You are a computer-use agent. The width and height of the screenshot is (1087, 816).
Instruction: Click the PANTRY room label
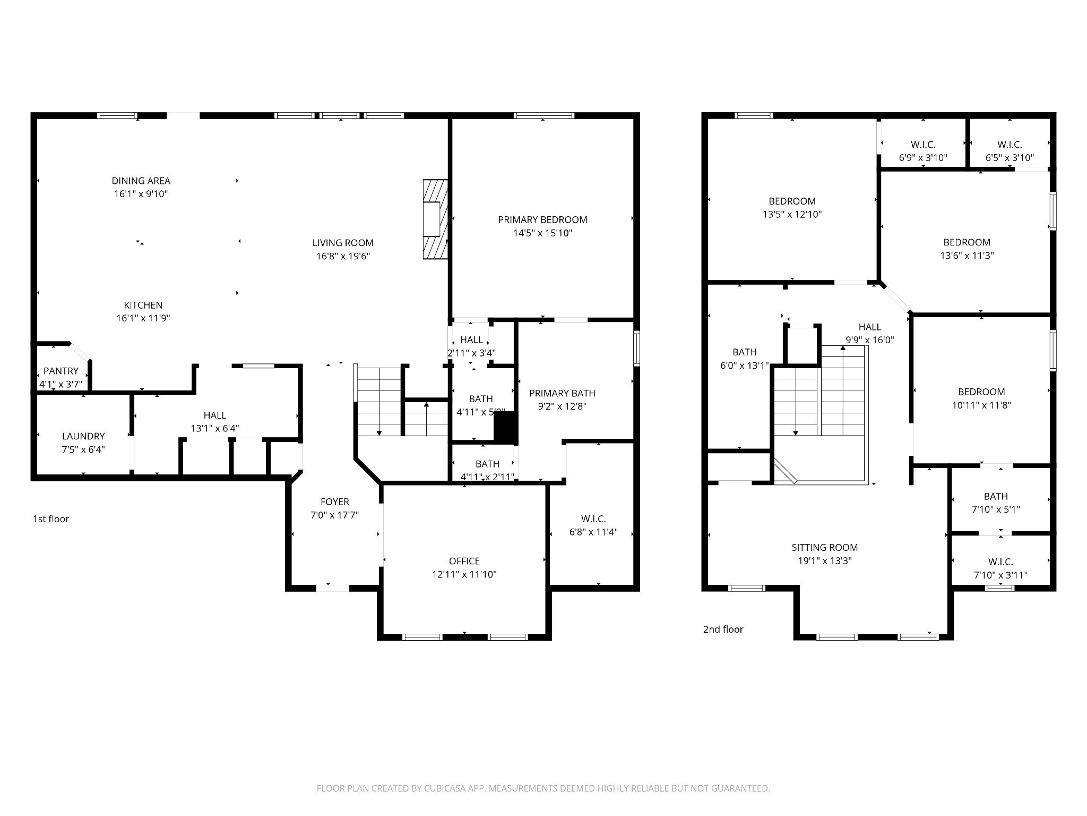click(61, 371)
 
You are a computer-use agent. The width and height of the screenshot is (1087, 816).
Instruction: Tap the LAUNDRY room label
click(83, 436)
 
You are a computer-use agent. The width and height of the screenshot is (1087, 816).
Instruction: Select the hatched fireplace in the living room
click(435, 219)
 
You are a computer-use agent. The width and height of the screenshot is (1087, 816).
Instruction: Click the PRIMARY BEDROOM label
click(542, 219)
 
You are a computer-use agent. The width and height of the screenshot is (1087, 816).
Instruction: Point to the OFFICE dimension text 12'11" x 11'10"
click(464, 574)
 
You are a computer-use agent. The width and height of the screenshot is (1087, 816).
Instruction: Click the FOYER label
click(335, 501)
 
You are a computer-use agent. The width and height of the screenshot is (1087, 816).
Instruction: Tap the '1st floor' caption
click(51, 518)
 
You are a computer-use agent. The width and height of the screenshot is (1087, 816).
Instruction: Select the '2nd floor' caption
click(723, 629)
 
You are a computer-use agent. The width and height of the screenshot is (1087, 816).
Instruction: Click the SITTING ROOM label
click(825, 547)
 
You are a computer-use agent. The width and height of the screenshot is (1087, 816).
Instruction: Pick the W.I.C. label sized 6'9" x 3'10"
click(923, 144)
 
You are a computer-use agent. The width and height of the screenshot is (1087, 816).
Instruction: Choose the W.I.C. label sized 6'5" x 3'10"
click(1010, 144)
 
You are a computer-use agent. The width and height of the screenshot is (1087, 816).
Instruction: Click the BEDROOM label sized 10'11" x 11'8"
click(981, 392)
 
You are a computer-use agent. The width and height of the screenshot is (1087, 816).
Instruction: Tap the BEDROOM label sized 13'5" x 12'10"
click(792, 201)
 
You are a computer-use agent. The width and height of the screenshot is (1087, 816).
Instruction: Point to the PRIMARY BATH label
click(562, 393)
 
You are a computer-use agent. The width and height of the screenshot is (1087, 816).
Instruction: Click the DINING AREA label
click(141, 181)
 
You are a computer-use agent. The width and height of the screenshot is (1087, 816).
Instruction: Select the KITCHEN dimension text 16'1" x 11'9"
click(143, 318)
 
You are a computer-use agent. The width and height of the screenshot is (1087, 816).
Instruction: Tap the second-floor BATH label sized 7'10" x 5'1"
click(996, 496)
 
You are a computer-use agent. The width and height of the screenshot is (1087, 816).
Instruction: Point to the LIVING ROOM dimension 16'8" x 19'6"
click(343, 256)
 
